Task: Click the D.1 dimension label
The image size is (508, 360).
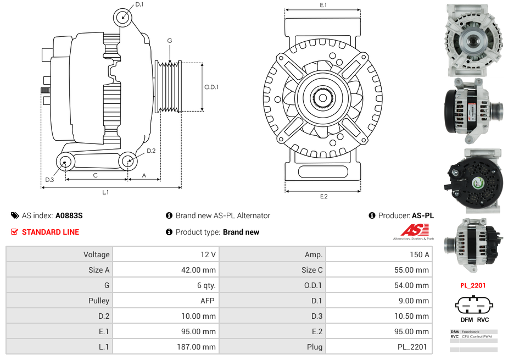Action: [x=139, y=4]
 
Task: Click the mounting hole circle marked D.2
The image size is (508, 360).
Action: [x=128, y=161]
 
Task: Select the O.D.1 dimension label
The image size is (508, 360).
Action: [x=211, y=87]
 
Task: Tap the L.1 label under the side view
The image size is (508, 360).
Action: [x=105, y=192]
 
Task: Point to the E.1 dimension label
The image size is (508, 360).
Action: [x=323, y=5]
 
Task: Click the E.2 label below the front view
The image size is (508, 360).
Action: [x=323, y=196]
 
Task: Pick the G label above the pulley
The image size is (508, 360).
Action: [x=170, y=41]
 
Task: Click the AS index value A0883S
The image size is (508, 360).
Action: [x=69, y=215]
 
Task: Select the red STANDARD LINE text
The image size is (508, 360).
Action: [x=51, y=232]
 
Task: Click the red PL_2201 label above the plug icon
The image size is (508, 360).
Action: [x=473, y=285]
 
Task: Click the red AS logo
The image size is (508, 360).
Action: [x=410, y=230]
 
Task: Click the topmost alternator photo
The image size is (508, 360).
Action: [x=473, y=40]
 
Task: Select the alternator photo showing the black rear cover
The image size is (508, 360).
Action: [x=473, y=181]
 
